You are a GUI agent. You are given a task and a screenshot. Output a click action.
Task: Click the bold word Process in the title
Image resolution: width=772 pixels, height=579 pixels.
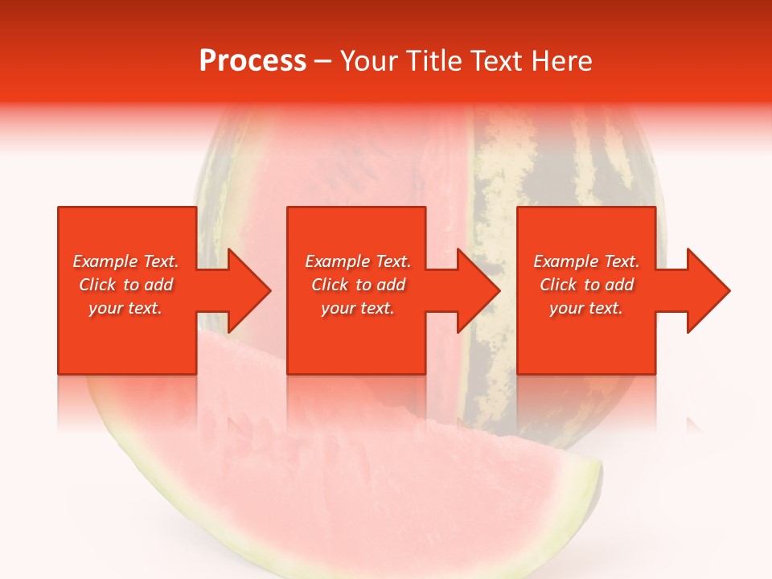[x=253, y=61]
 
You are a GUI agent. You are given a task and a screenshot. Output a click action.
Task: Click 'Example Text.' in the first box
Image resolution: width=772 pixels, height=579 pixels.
[x=125, y=261]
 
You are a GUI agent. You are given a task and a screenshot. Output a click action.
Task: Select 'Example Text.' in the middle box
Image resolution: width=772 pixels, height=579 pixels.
[x=358, y=261]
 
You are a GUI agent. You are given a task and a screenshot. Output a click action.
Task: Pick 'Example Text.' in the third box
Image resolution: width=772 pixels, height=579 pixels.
[x=586, y=261]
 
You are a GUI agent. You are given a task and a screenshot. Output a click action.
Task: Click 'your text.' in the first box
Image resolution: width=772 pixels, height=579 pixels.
[x=125, y=308]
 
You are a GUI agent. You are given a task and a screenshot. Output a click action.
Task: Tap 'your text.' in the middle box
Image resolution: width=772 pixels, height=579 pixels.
[x=358, y=308]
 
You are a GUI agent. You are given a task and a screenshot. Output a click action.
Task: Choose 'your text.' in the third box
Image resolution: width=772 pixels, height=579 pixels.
[x=586, y=308]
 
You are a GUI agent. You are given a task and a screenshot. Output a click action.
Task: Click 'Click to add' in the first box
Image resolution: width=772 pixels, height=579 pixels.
[x=125, y=285]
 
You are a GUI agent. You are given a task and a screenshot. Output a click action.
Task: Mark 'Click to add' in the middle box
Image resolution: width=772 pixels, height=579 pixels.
[x=358, y=285]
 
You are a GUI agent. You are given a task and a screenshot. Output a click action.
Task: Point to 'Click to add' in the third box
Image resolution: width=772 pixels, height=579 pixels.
[x=586, y=285]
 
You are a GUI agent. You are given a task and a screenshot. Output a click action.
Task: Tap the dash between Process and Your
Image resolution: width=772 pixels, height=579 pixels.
[x=323, y=61]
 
